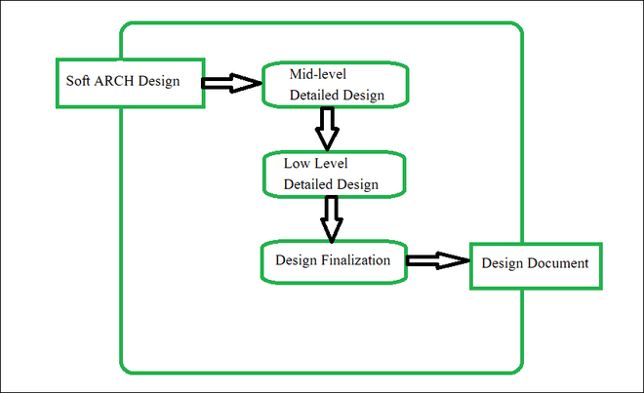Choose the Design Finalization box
[x=334, y=261]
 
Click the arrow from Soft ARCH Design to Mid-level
[x=232, y=83]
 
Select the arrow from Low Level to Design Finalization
[x=332, y=216]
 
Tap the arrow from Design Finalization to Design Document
[x=437, y=260]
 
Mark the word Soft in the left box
[x=78, y=80]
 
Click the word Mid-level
[x=319, y=74]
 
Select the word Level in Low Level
[x=334, y=162]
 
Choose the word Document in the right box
[x=556, y=263]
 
